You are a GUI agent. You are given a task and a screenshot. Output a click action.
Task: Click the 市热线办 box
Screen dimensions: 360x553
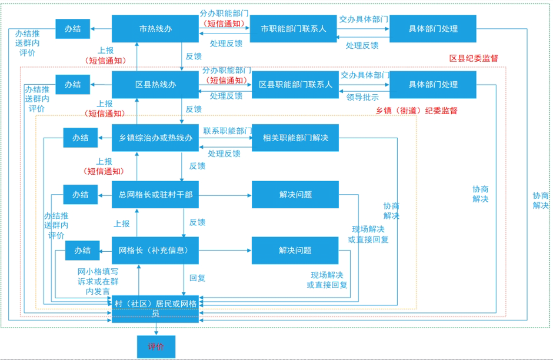pos(155,29)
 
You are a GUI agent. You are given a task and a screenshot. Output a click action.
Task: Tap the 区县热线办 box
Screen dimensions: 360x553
pos(155,85)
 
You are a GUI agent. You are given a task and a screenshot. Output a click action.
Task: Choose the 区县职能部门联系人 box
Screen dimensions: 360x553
pos(295,85)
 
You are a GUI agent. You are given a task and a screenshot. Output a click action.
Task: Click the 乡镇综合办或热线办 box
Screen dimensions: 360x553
pos(155,138)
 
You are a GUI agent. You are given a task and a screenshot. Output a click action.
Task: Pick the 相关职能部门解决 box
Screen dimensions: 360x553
pos(295,138)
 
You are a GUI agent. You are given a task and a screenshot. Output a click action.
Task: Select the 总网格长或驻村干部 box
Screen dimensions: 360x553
pos(155,195)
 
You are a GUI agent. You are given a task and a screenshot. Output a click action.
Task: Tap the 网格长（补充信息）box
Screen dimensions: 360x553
pos(155,251)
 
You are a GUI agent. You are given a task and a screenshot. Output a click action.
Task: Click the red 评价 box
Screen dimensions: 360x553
pos(156,346)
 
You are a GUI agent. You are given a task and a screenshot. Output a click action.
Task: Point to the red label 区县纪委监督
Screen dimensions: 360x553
pos(474,58)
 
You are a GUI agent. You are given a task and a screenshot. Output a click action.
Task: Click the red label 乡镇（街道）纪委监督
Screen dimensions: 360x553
pos(417,111)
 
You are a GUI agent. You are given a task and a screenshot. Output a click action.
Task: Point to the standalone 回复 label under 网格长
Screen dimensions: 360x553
pos(197,278)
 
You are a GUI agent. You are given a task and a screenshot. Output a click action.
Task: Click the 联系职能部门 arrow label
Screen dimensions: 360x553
pos(227,129)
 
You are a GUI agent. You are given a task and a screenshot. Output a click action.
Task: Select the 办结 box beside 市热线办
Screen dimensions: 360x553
pos(73,29)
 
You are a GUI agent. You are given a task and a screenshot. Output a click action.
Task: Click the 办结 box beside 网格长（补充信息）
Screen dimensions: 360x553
pos(82,251)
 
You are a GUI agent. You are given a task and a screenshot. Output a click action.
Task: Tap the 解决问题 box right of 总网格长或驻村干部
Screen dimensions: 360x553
pos(295,195)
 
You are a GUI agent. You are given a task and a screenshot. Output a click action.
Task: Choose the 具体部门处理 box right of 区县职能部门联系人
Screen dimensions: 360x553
pos(433,85)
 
